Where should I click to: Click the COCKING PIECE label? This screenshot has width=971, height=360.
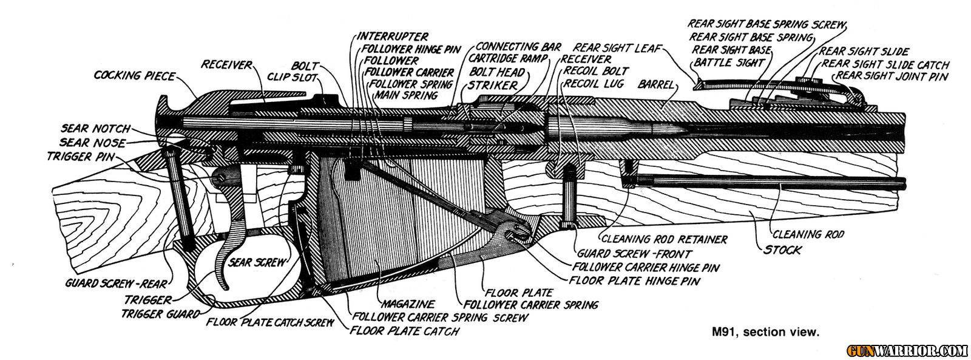click(x=134, y=76)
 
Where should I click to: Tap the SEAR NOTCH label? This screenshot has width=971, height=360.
click(x=95, y=129)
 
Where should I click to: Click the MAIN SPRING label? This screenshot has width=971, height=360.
click(x=405, y=95)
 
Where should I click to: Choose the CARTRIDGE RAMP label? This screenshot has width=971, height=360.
click(x=508, y=59)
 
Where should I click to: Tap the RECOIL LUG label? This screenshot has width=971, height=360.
click(x=594, y=83)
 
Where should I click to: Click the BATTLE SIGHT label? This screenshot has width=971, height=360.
click(x=728, y=62)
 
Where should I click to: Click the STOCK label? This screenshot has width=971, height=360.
click(x=782, y=250)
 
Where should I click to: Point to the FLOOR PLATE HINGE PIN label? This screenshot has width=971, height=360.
click(x=634, y=281)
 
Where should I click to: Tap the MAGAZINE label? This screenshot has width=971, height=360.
click(x=407, y=304)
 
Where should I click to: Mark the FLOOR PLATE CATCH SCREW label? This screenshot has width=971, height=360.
click(x=269, y=322)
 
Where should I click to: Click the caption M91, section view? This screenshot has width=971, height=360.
click(x=766, y=332)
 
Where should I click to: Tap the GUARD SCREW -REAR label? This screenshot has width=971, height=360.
click(x=117, y=284)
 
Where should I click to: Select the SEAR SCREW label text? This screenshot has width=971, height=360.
click(x=257, y=262)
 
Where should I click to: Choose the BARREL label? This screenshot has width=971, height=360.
click(x=656, y=85)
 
